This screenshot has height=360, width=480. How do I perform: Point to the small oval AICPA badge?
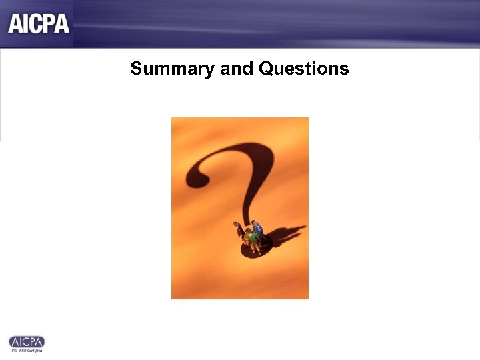pos(27,341)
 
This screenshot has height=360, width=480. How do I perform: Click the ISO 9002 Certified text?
pos(27,350)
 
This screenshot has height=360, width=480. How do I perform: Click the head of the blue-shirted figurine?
pos(256,223)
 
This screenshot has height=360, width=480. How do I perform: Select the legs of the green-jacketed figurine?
pos(251,247)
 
